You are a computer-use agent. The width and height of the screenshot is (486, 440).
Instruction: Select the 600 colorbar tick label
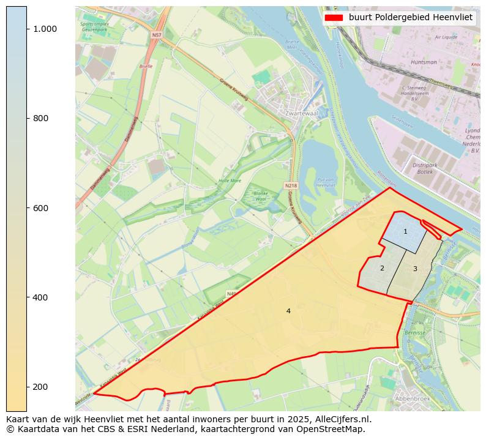[x=40, y=208]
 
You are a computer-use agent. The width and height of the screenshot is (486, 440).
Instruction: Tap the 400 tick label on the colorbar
[x=40, y=297]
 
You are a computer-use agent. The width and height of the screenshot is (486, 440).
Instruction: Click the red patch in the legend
[x=334, y=18]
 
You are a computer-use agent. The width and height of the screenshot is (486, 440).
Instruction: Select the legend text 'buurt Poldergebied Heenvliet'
[x=411, y=18]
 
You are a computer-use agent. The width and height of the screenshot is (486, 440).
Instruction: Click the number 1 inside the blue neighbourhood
[x=405, y=231]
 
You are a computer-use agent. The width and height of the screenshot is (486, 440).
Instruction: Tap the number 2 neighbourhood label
[x=382, y=268]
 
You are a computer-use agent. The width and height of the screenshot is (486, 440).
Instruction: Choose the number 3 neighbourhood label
[x=415, y=269]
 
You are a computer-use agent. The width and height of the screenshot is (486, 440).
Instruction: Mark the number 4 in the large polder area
[x=288, y=311]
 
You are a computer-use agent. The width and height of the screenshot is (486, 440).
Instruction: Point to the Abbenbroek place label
[x=413, y=398]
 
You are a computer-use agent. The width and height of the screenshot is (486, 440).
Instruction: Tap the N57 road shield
[x=157, y=35]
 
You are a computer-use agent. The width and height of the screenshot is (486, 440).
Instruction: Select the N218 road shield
[x=291, y=185]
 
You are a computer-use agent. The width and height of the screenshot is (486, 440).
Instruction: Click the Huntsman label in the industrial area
[x=424, y=62]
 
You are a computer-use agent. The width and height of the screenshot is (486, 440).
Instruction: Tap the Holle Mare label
[x=230, y=181]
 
